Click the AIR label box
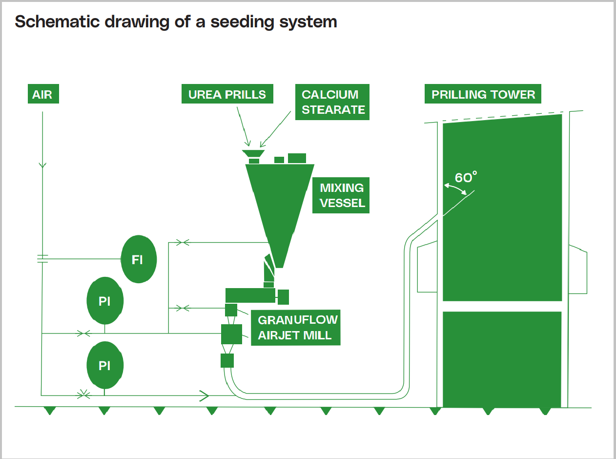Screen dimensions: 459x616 [x=42, y=94]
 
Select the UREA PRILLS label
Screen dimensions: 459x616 [x=227, y=94]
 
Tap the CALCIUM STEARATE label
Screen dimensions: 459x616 [x=332, y=102]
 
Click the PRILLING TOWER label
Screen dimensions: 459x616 [x=483, y=94]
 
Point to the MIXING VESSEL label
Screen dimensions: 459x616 [x=342, y=195]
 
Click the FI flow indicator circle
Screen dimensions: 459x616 [x=138, y=259]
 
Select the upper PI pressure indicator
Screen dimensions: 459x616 [x=104, y=301]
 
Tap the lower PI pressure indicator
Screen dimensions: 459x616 [x=104, y=366]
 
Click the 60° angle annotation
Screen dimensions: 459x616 [x=465, y=178]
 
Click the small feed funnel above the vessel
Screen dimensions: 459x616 [x=253, y=153]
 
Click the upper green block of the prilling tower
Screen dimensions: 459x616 [x=502, y=210]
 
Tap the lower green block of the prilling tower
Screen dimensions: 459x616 [x=502, y=359]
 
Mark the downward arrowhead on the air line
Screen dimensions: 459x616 [x=42, y=165]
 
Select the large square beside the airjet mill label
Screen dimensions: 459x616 [x=231, y=334]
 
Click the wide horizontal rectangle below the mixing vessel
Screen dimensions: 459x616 [x=250, y=295]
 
